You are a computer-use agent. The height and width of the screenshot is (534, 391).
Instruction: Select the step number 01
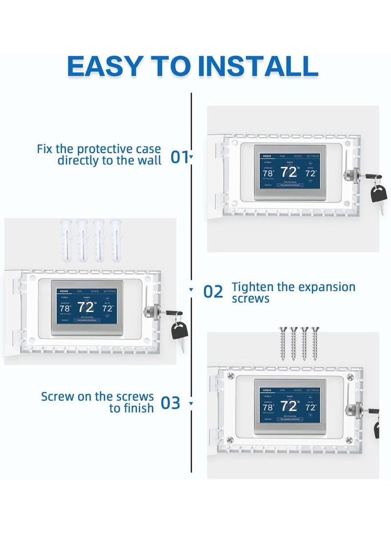click(179, 157)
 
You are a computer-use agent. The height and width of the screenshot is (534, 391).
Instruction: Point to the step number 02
click(213, 292)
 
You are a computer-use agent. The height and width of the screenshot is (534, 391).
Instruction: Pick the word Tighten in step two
click(252, 287)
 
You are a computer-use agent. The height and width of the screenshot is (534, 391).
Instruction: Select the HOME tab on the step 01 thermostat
click(267, 156)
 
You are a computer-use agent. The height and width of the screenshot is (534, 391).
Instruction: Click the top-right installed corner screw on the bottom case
click(349, 376)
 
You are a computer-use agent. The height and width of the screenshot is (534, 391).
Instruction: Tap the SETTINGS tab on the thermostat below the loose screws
click(313, 390)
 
